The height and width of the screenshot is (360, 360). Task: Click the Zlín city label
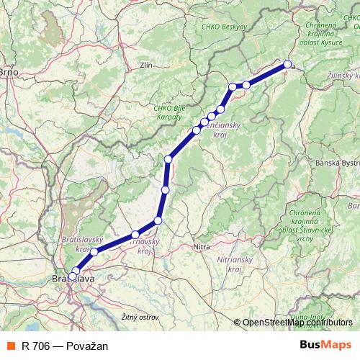[148, 66]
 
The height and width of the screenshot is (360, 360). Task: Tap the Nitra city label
[202, 247]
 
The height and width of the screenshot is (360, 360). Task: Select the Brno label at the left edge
[8, 72]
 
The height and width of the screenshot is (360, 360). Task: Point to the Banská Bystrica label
[338, 163]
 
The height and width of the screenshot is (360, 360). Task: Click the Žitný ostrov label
[140, 316]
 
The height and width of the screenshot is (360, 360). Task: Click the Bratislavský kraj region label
[84, 243]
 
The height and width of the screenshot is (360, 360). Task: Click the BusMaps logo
[325, 346]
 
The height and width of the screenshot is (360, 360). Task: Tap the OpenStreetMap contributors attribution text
[297, 323]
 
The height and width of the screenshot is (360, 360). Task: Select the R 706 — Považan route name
[65, 346]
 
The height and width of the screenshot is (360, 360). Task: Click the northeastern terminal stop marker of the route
[287, 65]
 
